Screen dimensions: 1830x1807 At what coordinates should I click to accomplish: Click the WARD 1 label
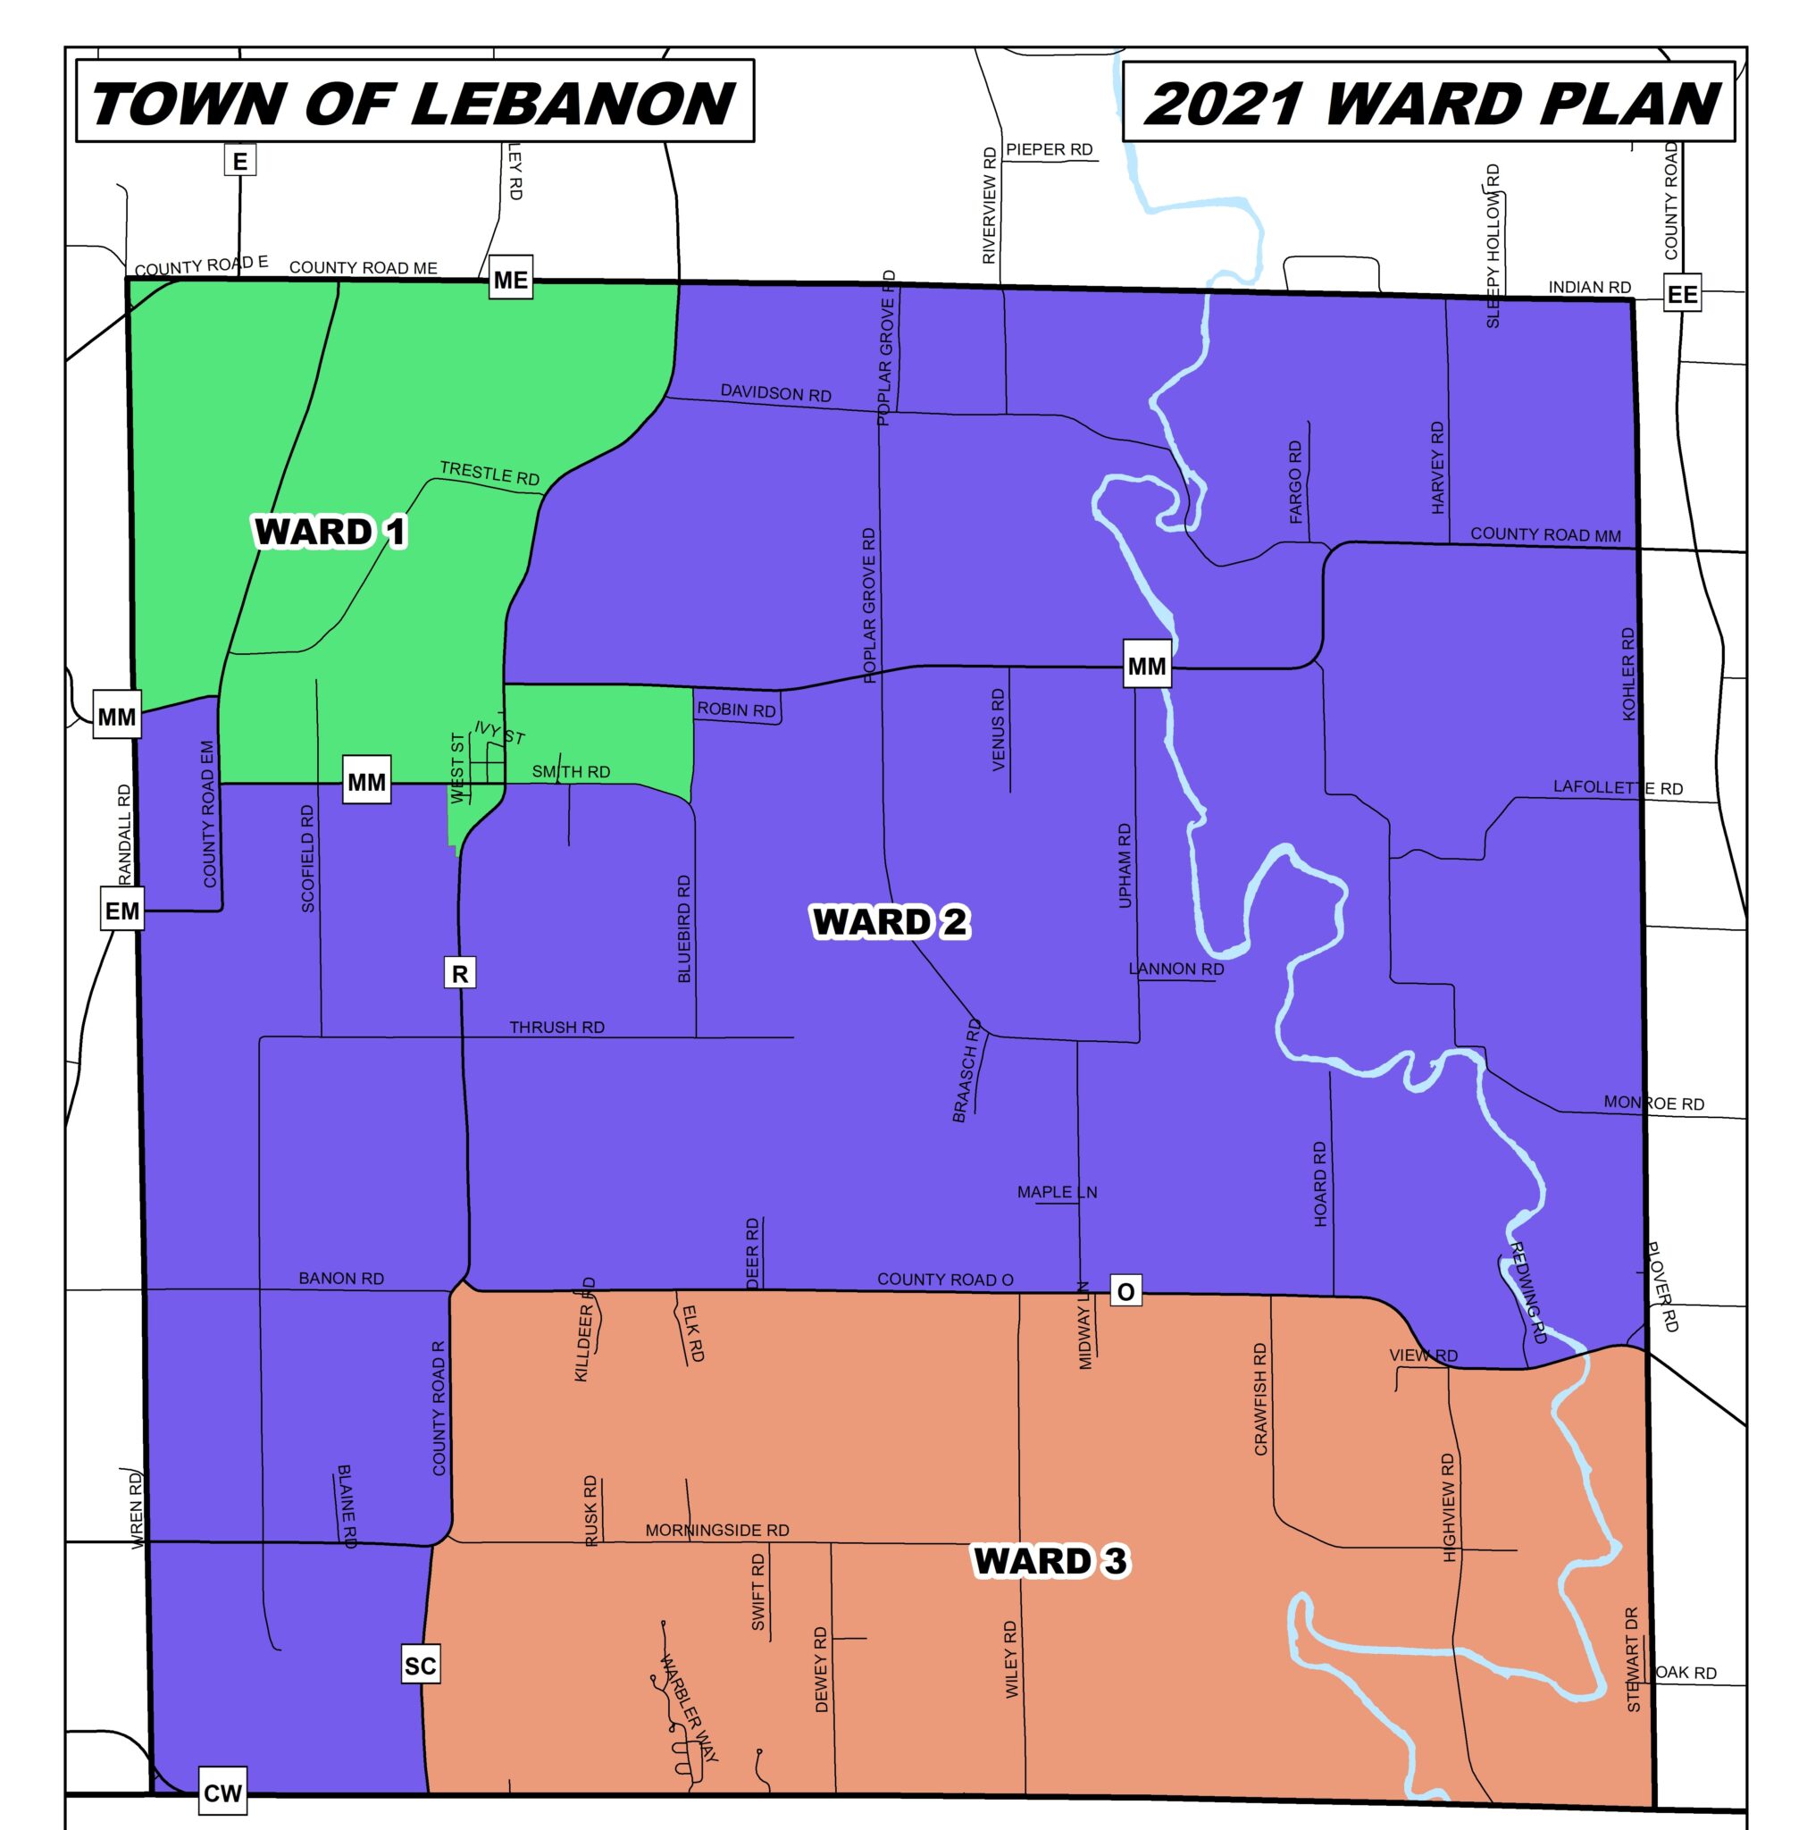click(330, 532)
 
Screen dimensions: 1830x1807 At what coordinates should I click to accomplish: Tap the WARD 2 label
click(890, 921)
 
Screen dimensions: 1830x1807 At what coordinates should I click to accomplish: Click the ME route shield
click(509, 280)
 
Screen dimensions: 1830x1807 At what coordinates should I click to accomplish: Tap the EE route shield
click(1682, 294)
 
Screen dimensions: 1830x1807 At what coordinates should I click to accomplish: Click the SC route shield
click(420, 1666)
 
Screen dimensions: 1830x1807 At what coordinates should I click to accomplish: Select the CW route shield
click(222, 1793)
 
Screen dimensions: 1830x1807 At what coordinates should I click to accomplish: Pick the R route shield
click(459, 974)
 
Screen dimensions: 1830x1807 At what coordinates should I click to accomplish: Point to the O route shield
click(1125, 1292)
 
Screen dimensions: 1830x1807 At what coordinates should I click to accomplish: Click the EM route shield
click(122, 911)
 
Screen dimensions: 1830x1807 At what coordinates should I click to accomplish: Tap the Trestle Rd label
click(489, 473)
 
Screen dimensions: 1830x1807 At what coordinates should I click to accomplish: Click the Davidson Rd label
click(774, 392)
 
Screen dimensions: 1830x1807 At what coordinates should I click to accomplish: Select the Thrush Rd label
click(556, 1028)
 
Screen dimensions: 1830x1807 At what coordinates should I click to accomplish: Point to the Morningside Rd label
click(717, 1531)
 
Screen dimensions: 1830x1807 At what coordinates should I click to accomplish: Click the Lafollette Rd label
click(1617, 788)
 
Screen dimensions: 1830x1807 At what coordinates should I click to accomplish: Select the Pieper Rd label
click(1049, 148)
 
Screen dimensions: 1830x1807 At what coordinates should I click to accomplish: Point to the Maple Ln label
click(1056, 1192)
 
